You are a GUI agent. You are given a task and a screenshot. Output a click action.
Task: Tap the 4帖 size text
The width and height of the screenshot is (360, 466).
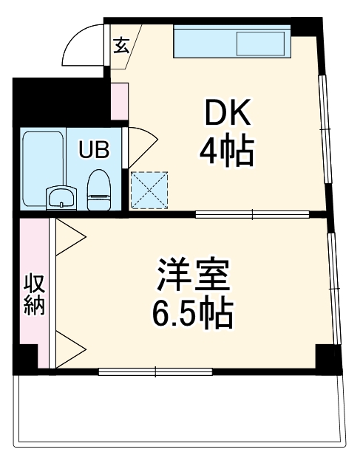(x=226, y=152)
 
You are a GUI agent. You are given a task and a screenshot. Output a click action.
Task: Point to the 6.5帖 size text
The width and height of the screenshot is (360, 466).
(x=193, y=314)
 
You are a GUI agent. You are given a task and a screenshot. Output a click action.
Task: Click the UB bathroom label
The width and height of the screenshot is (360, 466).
(x=95, y=151)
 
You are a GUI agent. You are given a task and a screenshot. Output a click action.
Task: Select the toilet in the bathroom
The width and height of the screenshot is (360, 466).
(x=97, y=190)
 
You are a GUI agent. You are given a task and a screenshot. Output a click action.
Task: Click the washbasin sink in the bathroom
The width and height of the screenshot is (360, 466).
(x=61, y=197)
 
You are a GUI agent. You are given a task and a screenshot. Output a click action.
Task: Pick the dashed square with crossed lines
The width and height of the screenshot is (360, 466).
(x=149, y=188)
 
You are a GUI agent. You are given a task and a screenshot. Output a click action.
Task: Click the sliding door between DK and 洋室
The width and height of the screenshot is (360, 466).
(x=251, y=215)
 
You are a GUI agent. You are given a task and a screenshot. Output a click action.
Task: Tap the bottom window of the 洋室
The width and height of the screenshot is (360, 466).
(x=155, y=371)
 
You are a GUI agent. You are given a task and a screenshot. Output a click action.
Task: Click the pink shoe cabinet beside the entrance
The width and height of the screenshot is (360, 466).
(x=118, y=103)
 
